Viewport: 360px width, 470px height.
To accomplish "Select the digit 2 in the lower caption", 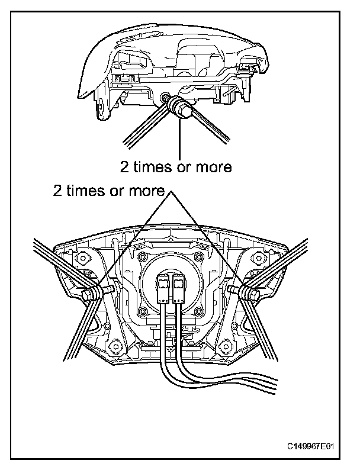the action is pyautogui.click(x=57, y=191).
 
